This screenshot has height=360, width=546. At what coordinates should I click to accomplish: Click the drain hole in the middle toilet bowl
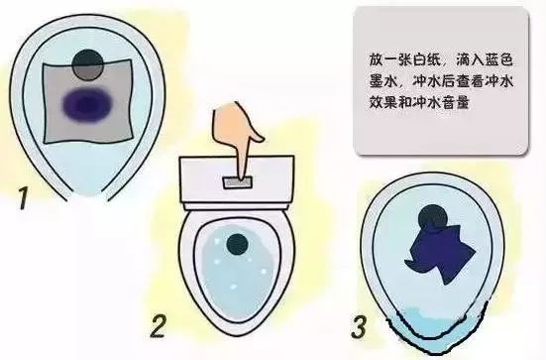click(237, 244)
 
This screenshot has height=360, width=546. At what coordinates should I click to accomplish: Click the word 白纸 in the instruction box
click(432, 60)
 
